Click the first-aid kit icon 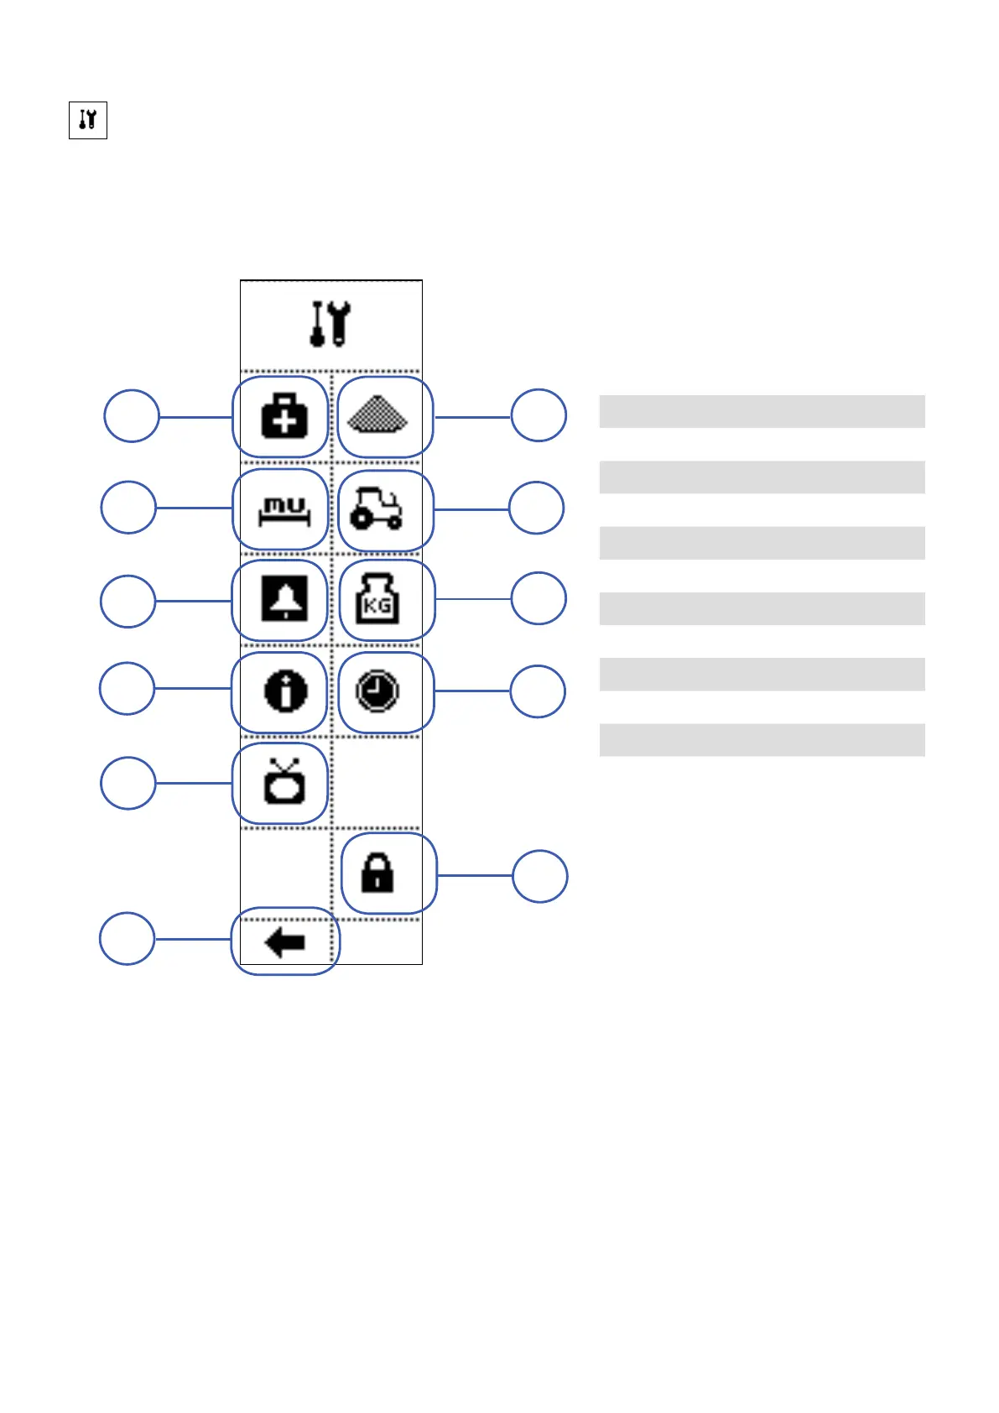pos(284,416)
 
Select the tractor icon pos(376,509)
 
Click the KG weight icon pos(377,599)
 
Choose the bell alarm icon pos(284,599)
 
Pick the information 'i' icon pos(285,691)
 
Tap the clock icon pos(377,691)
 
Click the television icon pos(284,782)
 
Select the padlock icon pos(377,873)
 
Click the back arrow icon pos(284,942)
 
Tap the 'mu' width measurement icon pos(284,509)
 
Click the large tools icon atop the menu pos(330,324)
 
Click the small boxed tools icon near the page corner pos(88,120)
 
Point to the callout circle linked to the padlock pos(540,876)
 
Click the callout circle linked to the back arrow pos(127,938)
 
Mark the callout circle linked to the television pos(127,783)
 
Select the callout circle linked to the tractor pos(537,508)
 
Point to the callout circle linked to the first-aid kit pos(132,415)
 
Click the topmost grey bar pos(762,412)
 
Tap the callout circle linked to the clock pos(538,691)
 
